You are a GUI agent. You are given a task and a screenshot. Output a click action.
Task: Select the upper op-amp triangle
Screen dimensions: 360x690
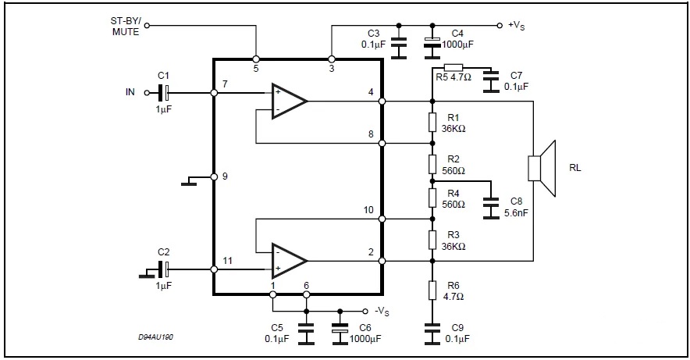288,101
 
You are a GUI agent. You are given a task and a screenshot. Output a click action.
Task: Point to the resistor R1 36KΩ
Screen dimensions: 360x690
432,122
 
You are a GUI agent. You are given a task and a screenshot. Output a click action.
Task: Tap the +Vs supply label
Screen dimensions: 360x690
516,25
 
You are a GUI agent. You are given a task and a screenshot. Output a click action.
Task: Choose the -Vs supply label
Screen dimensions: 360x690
382,310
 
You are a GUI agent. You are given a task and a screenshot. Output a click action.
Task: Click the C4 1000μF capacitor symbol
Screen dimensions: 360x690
432,45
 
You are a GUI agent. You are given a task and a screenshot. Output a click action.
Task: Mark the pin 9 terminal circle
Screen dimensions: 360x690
214,176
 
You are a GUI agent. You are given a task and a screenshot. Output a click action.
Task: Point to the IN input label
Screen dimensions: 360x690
130,92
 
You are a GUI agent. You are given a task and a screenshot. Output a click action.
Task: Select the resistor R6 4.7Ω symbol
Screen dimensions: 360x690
432,290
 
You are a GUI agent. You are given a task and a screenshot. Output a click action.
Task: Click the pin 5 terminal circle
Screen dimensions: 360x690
256,59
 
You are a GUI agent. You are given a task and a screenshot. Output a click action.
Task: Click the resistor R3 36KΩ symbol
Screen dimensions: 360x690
432,237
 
